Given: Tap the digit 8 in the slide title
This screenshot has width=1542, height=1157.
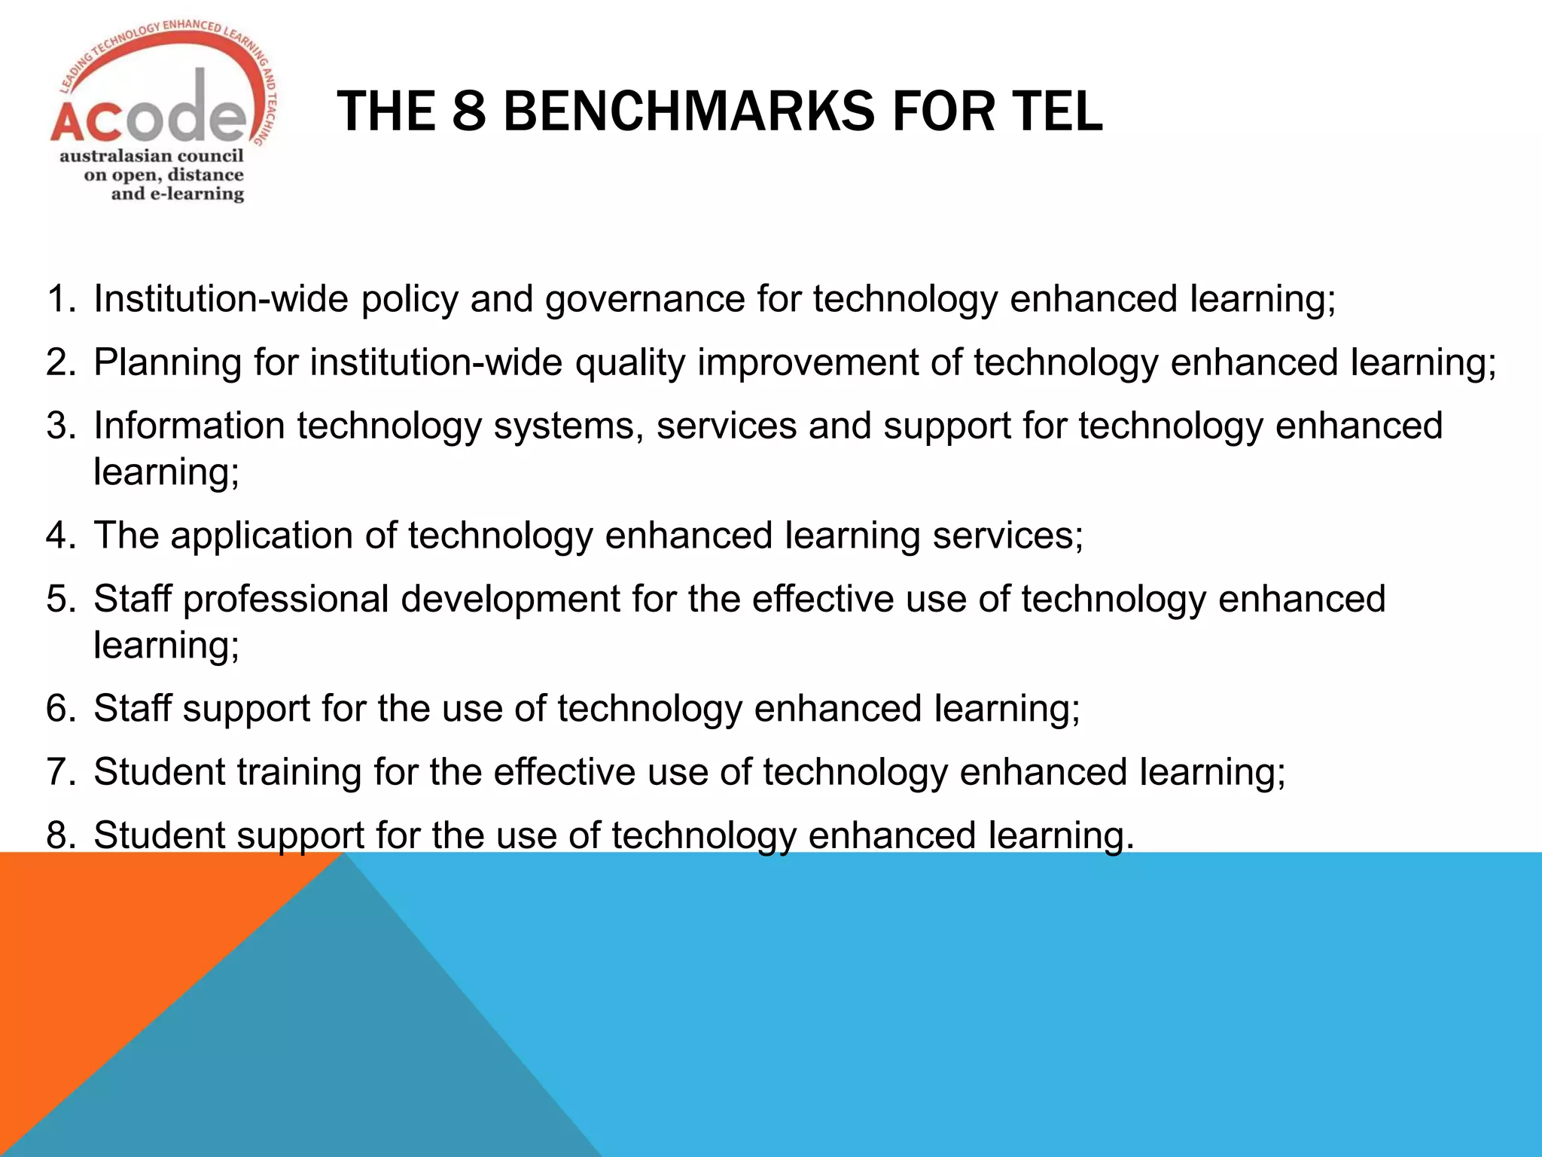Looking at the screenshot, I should pyautogui.click(x=469, y=111).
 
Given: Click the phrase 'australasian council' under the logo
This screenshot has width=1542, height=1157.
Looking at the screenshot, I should pyautogui.click(x=151, y=156).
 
